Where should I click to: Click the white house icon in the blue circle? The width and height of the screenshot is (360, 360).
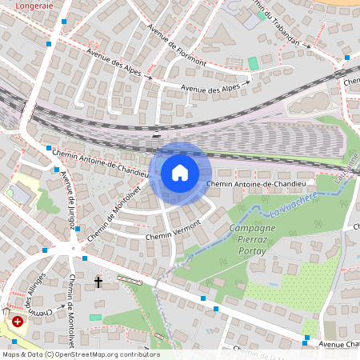point(180,172)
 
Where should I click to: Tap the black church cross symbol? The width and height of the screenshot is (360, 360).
point(99,282)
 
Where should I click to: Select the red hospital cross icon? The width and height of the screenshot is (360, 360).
point(18,321)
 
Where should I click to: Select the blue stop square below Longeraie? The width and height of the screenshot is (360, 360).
point(49,44)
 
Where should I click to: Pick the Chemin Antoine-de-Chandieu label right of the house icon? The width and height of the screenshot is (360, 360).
point(258,184)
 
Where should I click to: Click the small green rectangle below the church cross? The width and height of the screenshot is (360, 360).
point(95,318)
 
